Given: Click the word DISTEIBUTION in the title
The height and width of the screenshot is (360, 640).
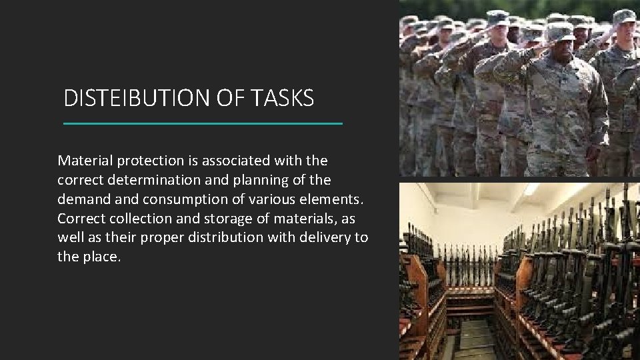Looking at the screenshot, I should pyautogui.click(x=131, y=99).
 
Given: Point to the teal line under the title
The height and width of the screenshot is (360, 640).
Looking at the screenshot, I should pyautogui.click(x=202, y=123).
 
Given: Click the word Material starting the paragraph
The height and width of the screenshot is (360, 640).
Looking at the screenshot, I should pyautogui.click(x=85, y=161).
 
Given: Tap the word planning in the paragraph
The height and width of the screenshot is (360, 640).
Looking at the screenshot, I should pyautogui.click(x=257, y=180).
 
